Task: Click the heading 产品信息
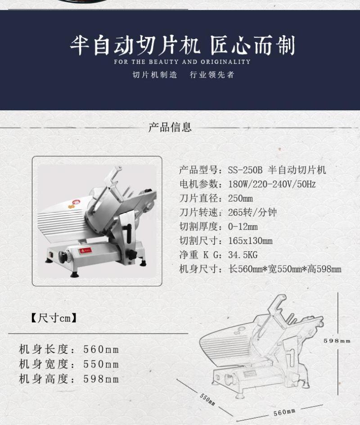click(170, 127)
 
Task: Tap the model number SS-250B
click(245, 170)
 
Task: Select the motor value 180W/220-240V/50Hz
click(272, 184)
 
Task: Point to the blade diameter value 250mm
click(240, 199)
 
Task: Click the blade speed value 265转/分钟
click(252, 212)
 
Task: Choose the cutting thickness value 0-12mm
click(243, 226)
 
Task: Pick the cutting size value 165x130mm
click(250, 241)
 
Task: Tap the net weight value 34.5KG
click(243, 255)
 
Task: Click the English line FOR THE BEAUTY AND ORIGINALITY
click(182, 62)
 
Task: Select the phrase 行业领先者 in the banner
click(212, 75)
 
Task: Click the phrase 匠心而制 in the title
click(252, 45)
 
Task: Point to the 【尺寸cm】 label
click(54, 318)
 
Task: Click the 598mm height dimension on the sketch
click(337, 341)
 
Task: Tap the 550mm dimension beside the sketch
click(208, 399)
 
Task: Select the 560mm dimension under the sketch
click(284, 412)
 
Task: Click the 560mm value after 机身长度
click(101, 349)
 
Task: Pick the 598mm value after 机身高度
click(101, 379)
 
